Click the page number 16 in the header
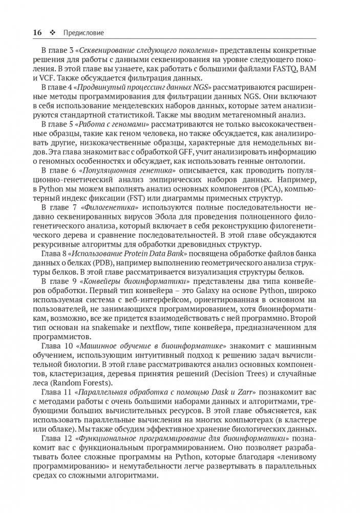click(x=37, y=32)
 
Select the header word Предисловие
click(x=83, y=33)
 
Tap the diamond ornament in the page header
click(x=53, y=33)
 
